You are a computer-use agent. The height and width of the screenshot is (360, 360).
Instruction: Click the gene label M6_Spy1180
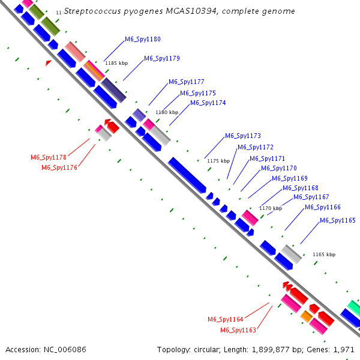(x=143, y=40)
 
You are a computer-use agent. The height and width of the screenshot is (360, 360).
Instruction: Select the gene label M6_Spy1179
(x=162, y=59)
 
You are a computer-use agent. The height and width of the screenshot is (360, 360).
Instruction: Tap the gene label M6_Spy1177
(x=187, y=82)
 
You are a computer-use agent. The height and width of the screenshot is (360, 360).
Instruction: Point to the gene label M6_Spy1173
(x=243, y=136)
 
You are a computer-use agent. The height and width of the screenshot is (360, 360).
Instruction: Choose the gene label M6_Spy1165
(x=338, y=221)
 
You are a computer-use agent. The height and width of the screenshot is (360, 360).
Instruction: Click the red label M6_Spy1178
(x=49, y=157)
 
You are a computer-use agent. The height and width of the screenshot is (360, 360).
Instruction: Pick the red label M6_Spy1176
(x=59, y=168)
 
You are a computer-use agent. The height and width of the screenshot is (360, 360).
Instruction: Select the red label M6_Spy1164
(x=226, y=319)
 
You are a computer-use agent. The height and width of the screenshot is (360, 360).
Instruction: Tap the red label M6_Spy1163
(x=238, y=331)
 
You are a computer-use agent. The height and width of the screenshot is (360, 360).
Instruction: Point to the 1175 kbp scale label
(x=218, y=161)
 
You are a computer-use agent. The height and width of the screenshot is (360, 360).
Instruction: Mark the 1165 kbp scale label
(x=324, y=254)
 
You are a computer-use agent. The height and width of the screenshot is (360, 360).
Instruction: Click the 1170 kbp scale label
(x=270, y=208)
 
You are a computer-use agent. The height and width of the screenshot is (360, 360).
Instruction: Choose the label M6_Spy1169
(x=290, y=179)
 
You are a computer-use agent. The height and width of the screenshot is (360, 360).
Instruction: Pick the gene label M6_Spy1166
(x=323, y=208)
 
